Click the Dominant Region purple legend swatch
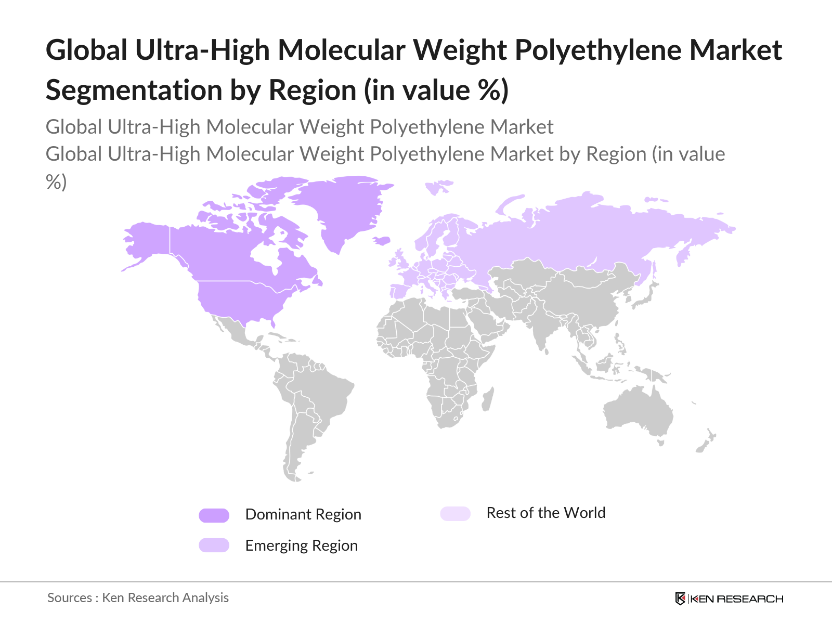coord(214,515)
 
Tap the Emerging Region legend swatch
coord(214,545)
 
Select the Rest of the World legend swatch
coord(455,514)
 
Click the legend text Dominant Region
coord(303,514)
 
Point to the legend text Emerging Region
coord(302,545)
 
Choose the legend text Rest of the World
coord(545,513)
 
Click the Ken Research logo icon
coord(680,599)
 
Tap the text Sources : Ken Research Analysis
coord(138,598)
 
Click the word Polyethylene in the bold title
coord(598,50)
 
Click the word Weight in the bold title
coord(460,50)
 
